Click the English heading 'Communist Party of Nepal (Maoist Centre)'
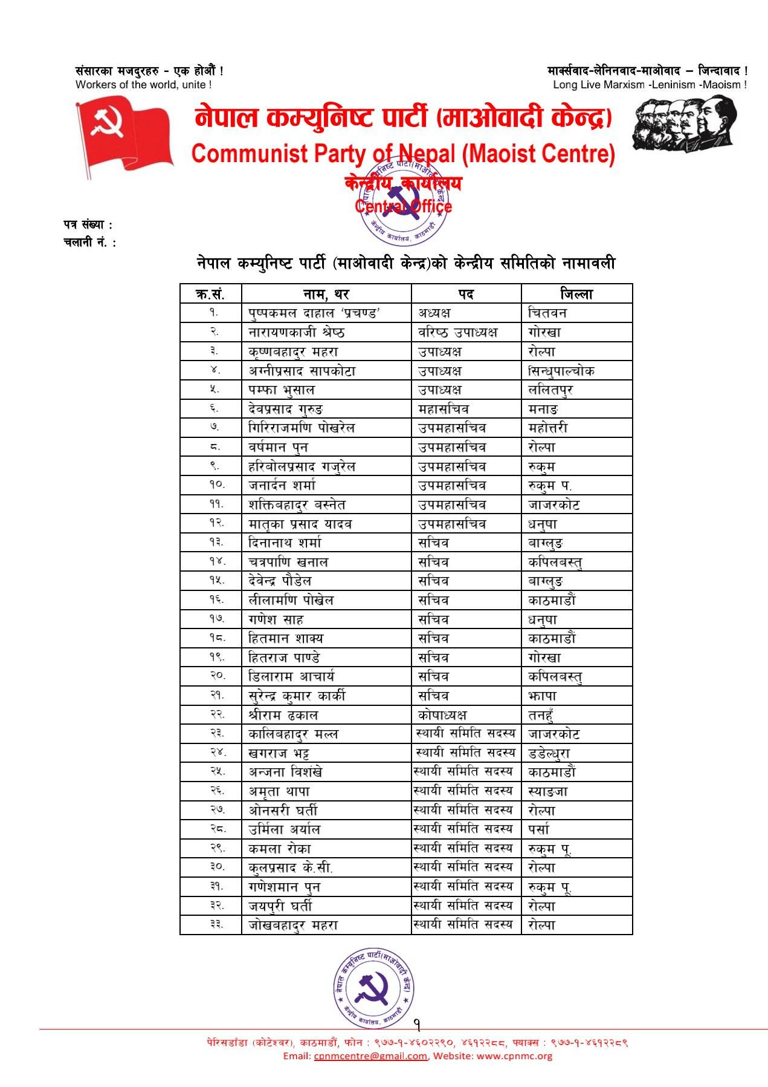[x=403, y=154]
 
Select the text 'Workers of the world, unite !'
[x=143, y=85]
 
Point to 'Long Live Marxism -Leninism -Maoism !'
[x=650, y=85]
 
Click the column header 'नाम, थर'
[x=326, y=294]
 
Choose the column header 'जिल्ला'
[x=576, y=294]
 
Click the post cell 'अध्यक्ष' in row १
[x=434, y=313]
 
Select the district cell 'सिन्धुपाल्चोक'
[x=561, y=371]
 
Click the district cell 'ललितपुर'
[x=550, y=390]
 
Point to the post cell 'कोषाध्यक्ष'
[x=442, y=715]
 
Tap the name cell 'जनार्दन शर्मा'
[x=282, y=486]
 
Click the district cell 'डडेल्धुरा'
[x=549, y=753]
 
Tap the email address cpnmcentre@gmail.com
[x=370, y=1056]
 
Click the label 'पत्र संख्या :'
[x=88, y=225]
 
